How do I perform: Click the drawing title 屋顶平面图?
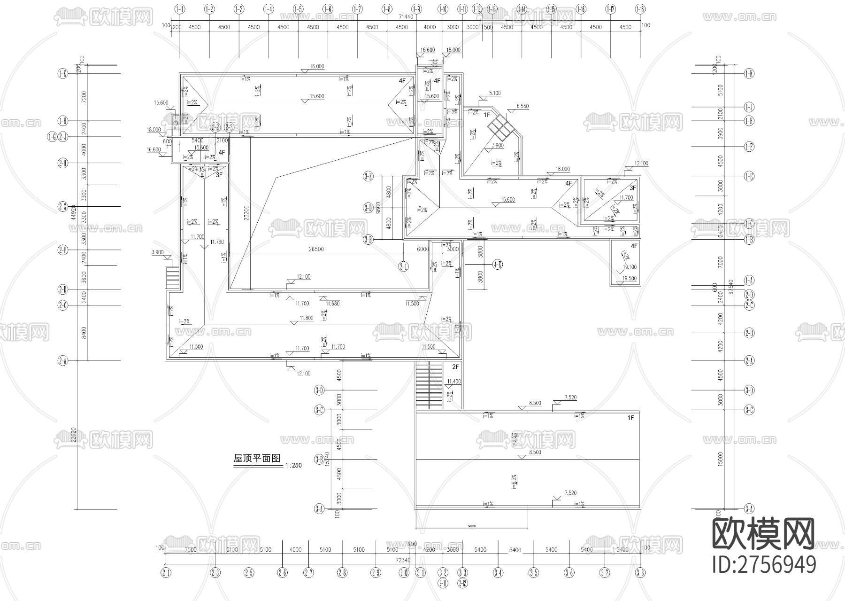257,459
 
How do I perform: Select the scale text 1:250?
293,466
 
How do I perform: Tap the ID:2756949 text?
764,565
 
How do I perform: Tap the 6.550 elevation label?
522,106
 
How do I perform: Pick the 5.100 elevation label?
494,93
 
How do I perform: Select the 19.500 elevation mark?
629,279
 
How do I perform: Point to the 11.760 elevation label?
217,242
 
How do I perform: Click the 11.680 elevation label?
332,304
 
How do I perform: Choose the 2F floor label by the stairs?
455,367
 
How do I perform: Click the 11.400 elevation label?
454,381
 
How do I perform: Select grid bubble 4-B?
498,265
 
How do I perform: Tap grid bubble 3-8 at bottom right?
640,573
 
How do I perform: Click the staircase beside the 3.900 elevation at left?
173,278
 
